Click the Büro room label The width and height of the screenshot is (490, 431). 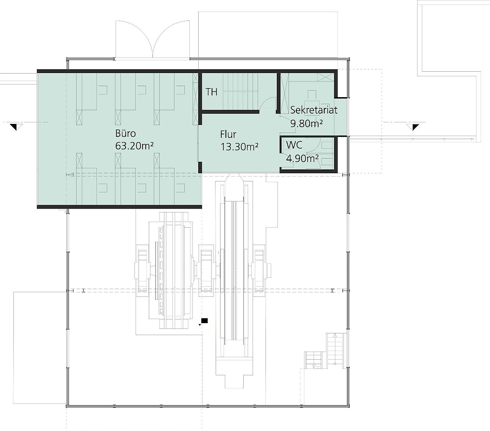coord(126,134)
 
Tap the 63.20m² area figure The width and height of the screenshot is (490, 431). coord(135,146)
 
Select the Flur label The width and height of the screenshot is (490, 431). coord(228,135)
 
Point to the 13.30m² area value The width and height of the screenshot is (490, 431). coord(239,147)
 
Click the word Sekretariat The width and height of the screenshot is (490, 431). coord(314,110)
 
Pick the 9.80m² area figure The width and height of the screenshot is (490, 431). coord(306,123)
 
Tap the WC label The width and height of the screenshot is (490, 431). coord(294,145)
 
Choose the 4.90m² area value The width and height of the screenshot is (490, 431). coord(302,159)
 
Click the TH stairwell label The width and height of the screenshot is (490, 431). coord(212,92)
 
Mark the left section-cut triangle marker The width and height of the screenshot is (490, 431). coord(14,127)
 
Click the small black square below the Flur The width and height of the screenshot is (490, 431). coord(205,320)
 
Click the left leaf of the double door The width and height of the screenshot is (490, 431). coord(134,39)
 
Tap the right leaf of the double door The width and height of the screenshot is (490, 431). coord(171,39)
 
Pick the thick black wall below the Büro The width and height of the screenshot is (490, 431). coord(119,207)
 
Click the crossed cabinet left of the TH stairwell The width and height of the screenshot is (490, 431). coord(196,99)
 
